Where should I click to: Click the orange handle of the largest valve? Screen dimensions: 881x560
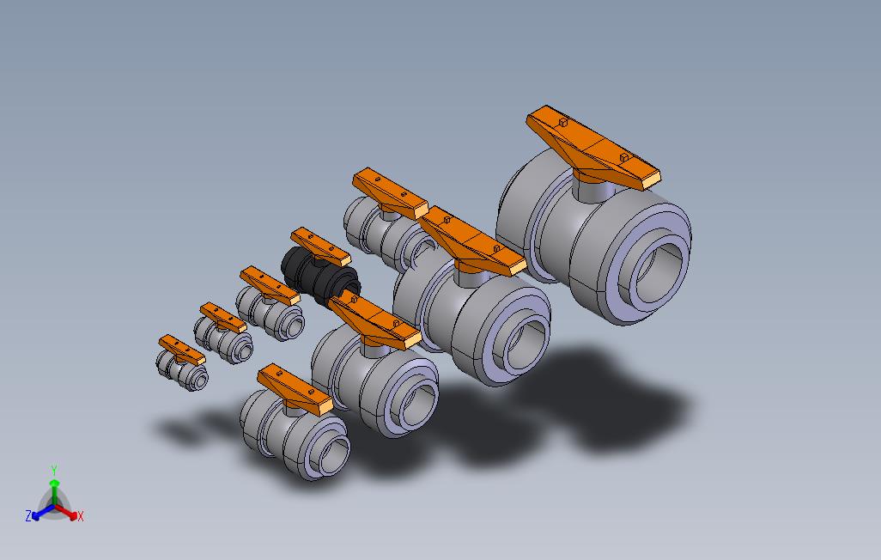coord(592,147)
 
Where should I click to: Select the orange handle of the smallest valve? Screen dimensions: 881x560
coord(181,350)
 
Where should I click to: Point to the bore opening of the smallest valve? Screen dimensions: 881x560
coord(200,382)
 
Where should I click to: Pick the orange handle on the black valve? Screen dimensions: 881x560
coord(321,247)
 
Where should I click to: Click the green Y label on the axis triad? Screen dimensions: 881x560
coord(54,470)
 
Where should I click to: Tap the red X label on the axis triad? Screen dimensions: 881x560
coord(81,516)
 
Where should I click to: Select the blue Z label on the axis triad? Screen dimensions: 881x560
coord(28,515)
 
